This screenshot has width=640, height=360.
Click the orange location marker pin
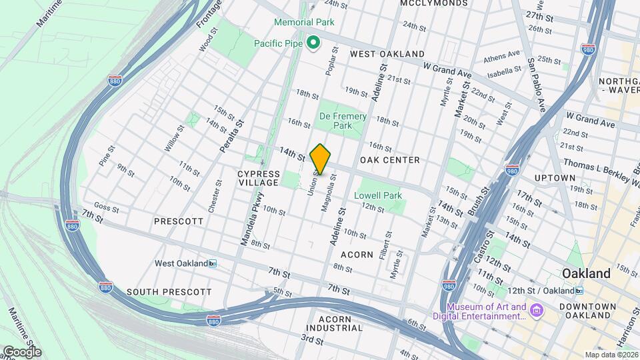click(x=321, y=159)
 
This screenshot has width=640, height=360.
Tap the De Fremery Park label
click(x=343, y=121)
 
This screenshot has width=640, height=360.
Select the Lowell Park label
click(x=378, y=195)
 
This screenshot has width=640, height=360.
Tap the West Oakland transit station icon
click(x=213, y=263)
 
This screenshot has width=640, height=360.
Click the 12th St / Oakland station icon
click(x=579, y=291)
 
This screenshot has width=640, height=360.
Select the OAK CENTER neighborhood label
click(x=389, y=160)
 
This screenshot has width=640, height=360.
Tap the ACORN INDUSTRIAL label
click(x=335, y=323)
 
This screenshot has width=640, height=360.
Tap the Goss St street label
click(x=107, y=208)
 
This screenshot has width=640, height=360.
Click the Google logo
click(x=21, y=351)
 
